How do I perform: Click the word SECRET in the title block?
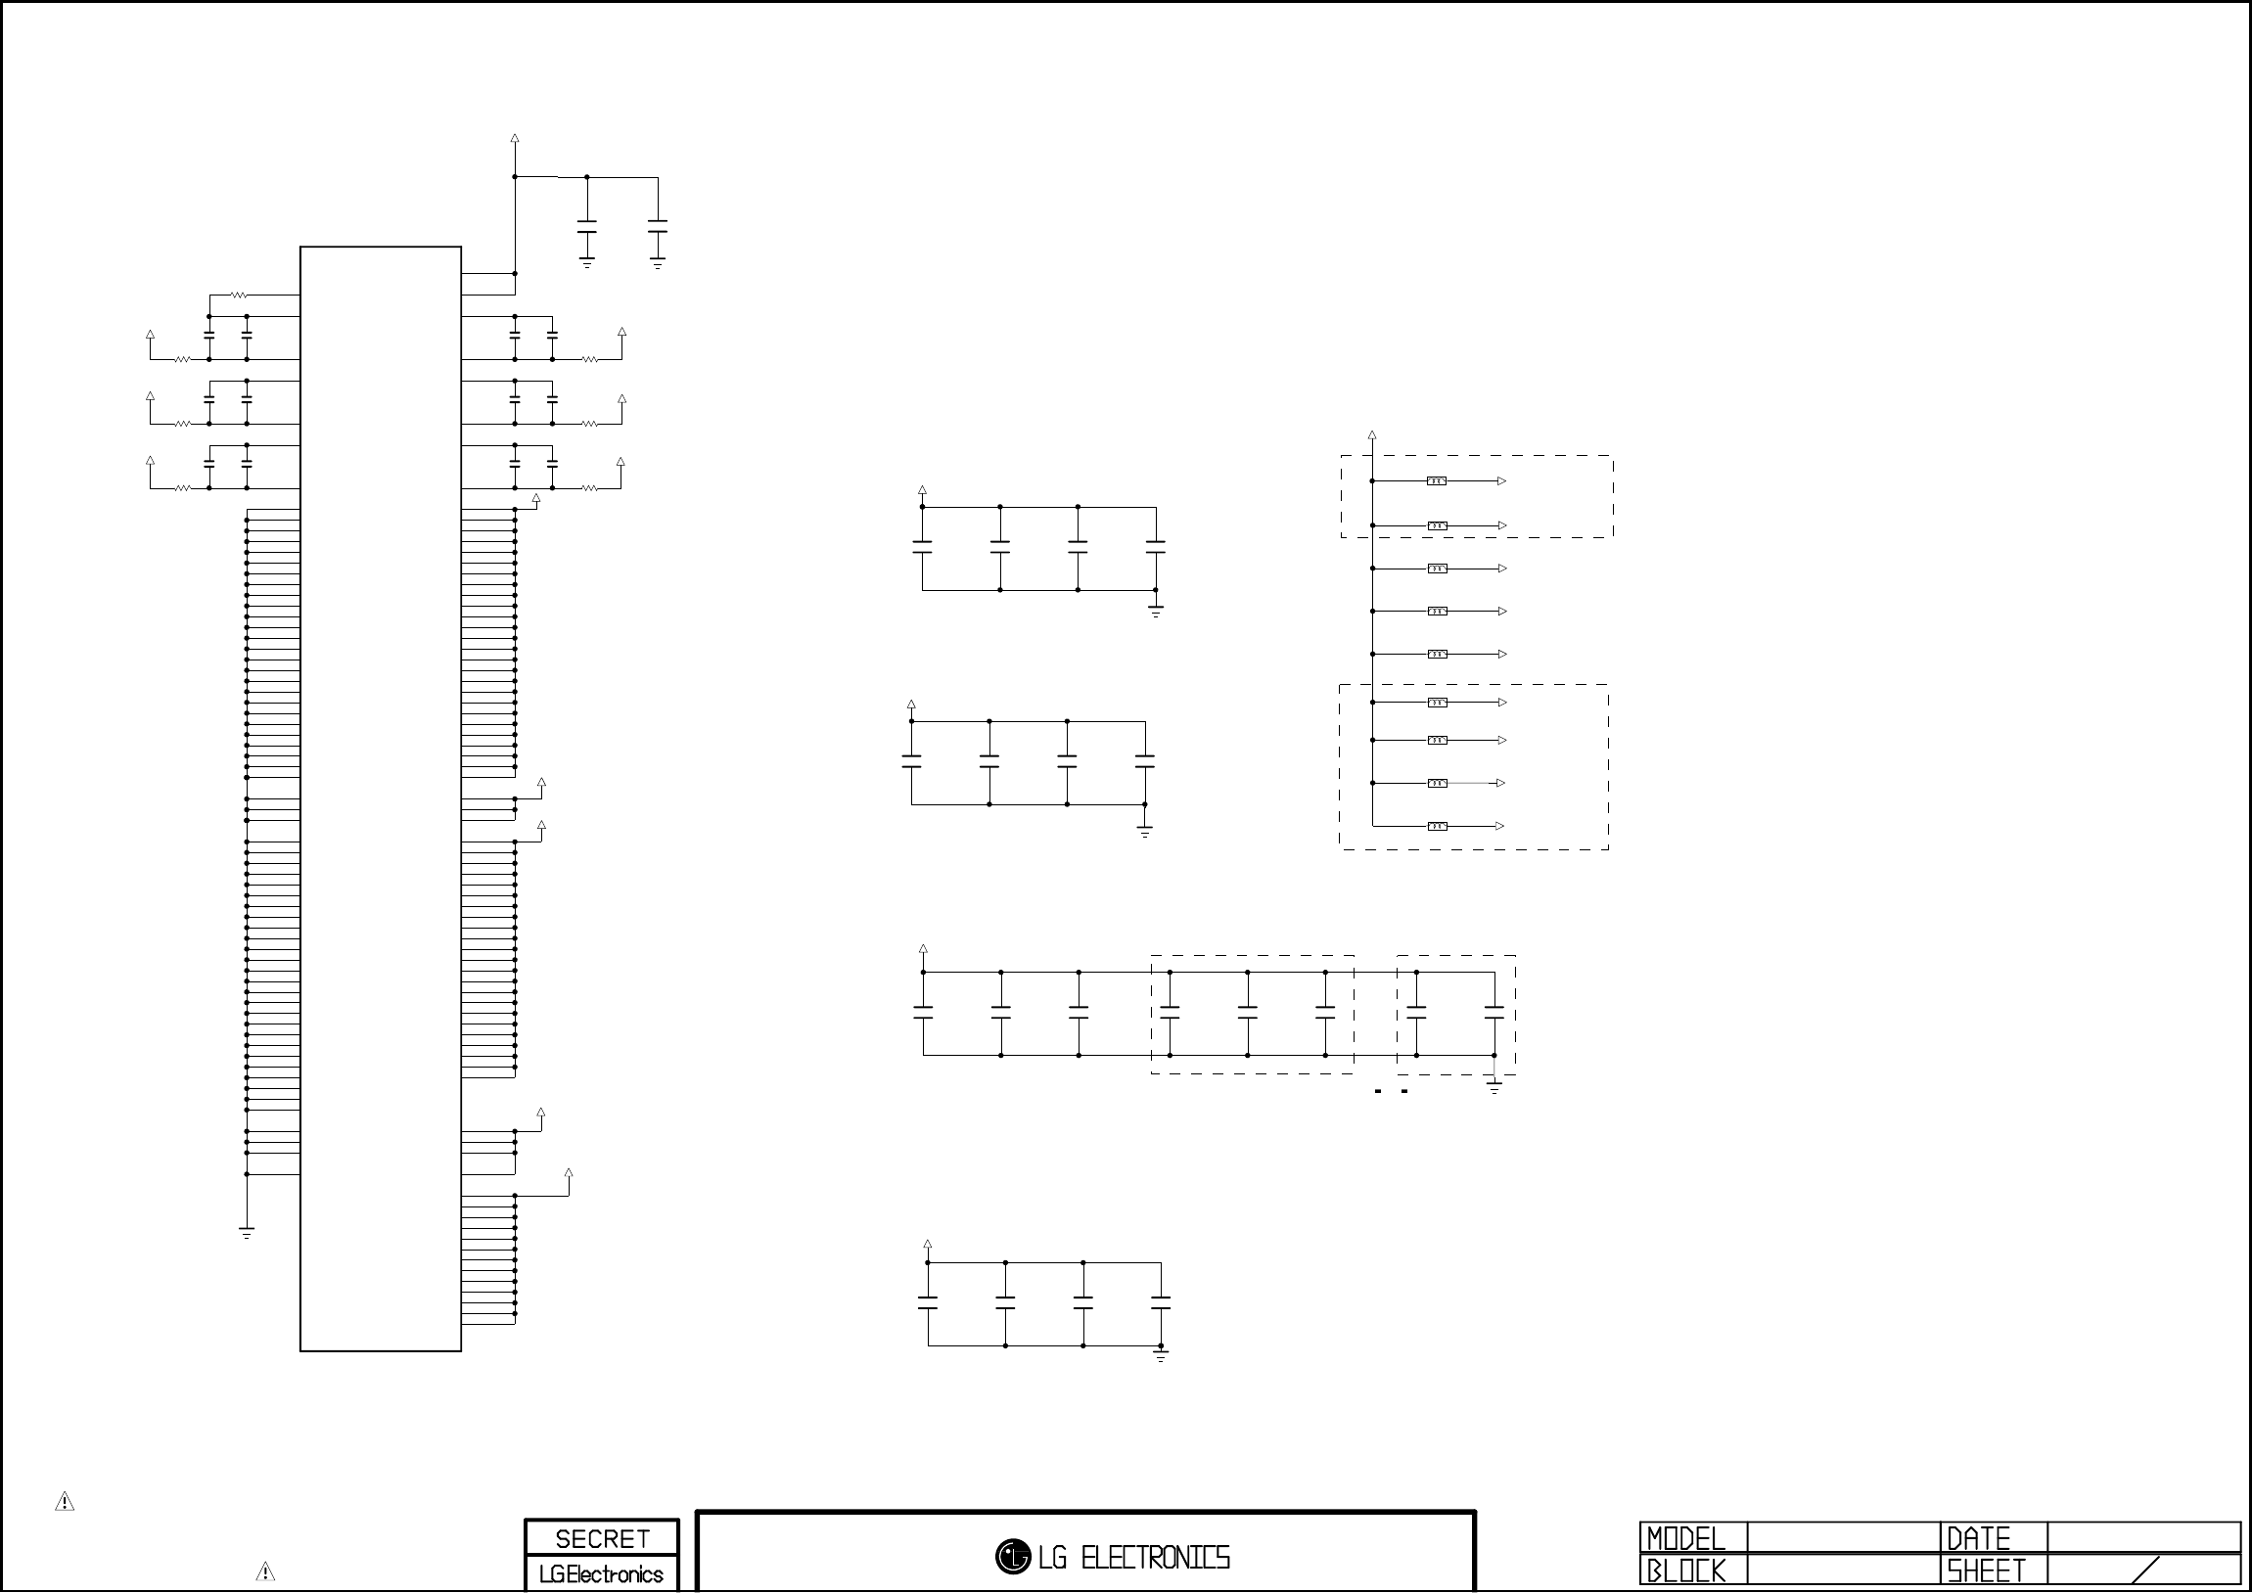(602, 1538)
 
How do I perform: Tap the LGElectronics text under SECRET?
(601, 1574)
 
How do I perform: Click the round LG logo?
(1012, 1556)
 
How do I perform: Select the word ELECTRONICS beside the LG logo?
(1155, 1557)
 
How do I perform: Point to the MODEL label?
(1686, 1538)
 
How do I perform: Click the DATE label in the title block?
(1978, 1538)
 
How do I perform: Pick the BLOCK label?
(1686, 1571)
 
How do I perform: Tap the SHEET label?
(1986, 1571)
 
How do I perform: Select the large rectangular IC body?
(381, 798)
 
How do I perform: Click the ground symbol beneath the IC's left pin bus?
(247, 1233)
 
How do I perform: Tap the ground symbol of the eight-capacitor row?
(1494, 1088)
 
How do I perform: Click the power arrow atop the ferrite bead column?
(1372, 434)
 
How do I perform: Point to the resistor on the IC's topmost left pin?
(240, 295)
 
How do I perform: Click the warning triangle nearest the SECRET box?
(265, 1571)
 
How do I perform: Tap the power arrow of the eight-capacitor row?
(923, 949)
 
